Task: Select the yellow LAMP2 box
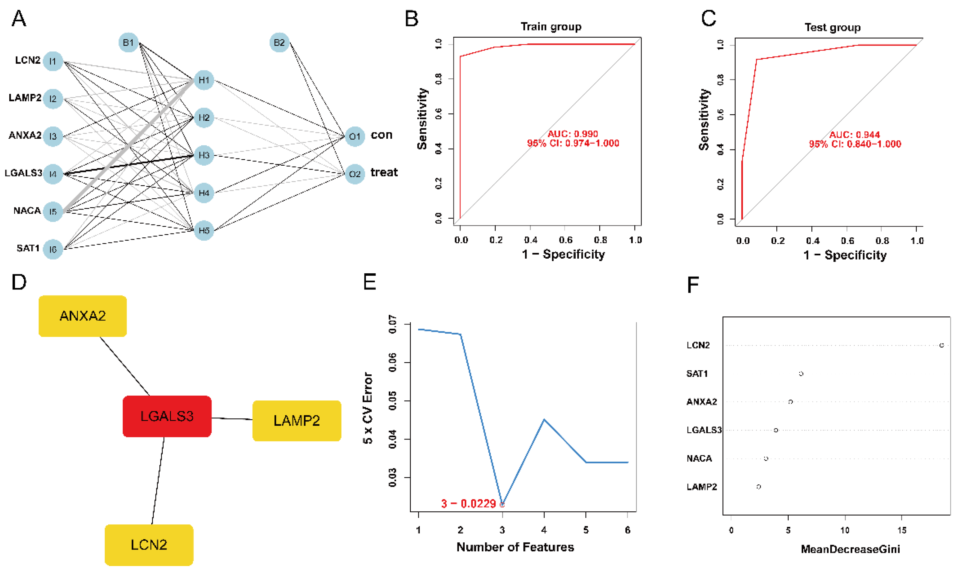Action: (x=296, y=420)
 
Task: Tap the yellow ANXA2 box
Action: (x=83, y=316)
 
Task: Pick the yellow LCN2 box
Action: (x=149, y=545)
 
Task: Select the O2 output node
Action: (x=354, y=174)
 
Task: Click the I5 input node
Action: (x=53, y=212)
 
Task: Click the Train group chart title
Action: (x=551, y=27)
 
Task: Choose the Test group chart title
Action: (x=832, y=28)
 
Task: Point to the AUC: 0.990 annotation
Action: (x=573, y=134)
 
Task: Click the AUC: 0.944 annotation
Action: (x=854, y=135)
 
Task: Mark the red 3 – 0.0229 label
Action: (x=468, y=504)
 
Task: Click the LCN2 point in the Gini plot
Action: (x=941, y=345)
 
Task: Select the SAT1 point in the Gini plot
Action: (x=801, y=374)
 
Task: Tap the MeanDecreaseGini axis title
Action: (x=850, y=549)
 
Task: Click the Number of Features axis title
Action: (x=515, y=547)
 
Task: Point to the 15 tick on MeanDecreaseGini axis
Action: (x=902, y=530)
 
